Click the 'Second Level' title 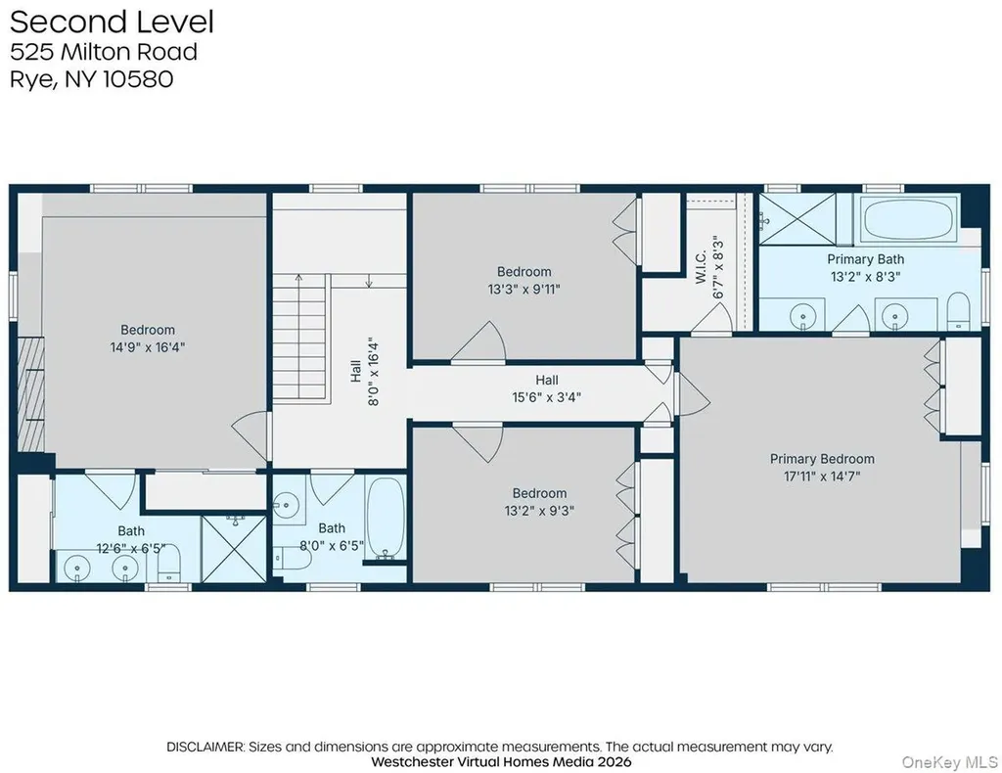point(112,22)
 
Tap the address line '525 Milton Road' point(104,52)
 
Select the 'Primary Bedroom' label point(822,459)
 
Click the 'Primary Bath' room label point(865,259)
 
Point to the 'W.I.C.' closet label point(701,267)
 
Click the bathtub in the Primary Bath point(909,219)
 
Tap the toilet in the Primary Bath point(958,311)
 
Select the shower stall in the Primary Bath point(797,219)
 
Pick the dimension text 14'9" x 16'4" point(148,347)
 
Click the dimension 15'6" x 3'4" point(546,397)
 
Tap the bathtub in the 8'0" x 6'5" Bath point(386,518)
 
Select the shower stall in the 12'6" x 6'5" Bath point(234,549)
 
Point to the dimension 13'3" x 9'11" point(524,290)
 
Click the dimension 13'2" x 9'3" point(539,511)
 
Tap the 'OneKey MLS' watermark point(949,762)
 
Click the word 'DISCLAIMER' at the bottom point(205,747)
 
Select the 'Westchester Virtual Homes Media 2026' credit point(501,762)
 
